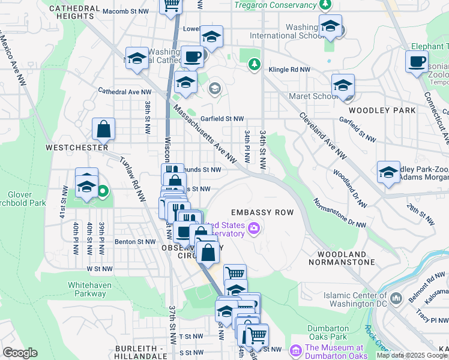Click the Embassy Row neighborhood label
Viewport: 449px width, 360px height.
pos(262,212)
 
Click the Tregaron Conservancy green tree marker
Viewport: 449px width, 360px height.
pos(325,5)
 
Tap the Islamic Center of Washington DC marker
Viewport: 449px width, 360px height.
pos(396,298)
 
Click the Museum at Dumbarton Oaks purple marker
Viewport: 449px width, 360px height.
pos(295,350)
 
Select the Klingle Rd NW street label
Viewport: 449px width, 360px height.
pos(287,70)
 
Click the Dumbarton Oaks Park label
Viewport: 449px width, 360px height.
pos(328,332)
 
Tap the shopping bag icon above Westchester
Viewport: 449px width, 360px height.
pos(104,128)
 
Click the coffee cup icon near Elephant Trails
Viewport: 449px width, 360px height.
pos(417,61)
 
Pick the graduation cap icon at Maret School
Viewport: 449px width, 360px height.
pos(343,85)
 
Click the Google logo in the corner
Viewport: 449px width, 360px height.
pos(20,353)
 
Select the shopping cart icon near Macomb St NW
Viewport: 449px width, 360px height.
pos(171,5)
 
